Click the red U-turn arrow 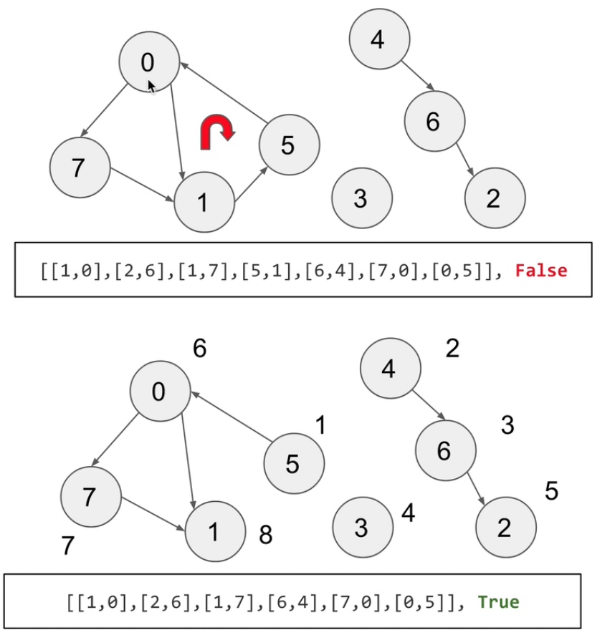pos(217,133)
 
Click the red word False pos(541,271)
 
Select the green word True pos(498,601)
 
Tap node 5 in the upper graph pos(289,145)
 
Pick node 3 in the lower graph pos(363,528)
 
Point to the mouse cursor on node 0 pos(152,87)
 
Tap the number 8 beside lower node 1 pos(265,535)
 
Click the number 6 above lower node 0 pos(200,349)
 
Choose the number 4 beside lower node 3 pos(408,513)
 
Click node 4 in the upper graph pos(379,39)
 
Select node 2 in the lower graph pos(505,528)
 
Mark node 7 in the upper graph pos(80,168)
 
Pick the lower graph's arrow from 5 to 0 pos(229,419)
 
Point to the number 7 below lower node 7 pos(67,546)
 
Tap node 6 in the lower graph pos(445,450)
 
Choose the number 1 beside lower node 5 pos(320,426)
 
